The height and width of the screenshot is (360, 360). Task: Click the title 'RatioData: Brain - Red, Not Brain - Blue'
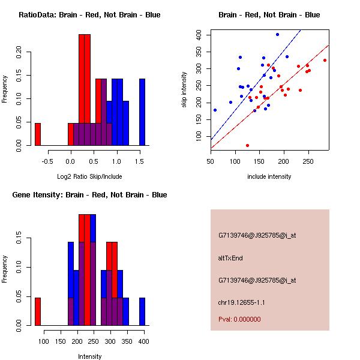[x=89, y=15]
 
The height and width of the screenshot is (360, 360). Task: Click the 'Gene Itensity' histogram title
[x=89, y=195]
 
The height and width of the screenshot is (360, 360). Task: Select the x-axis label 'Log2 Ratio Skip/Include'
[x=89, y=176]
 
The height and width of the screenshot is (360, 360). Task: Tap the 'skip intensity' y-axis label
[x=185, y=90]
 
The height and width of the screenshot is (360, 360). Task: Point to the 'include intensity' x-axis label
[x=269, y=176]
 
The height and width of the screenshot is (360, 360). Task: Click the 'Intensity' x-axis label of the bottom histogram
[x=90, y=356]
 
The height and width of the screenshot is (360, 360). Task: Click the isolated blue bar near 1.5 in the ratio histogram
[x=142, y=112]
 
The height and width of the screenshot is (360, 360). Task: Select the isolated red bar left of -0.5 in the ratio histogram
[x=37, y=134]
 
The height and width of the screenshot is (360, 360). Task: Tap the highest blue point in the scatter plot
[x=277, y=34]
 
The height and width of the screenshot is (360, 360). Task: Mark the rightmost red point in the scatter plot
[x=325, y=60]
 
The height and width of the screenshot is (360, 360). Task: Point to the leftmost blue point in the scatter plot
[x=215, y=110]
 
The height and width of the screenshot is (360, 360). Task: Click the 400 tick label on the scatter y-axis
[x=202, y=35]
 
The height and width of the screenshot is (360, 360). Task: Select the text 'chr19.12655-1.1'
[x=241, y=302]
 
